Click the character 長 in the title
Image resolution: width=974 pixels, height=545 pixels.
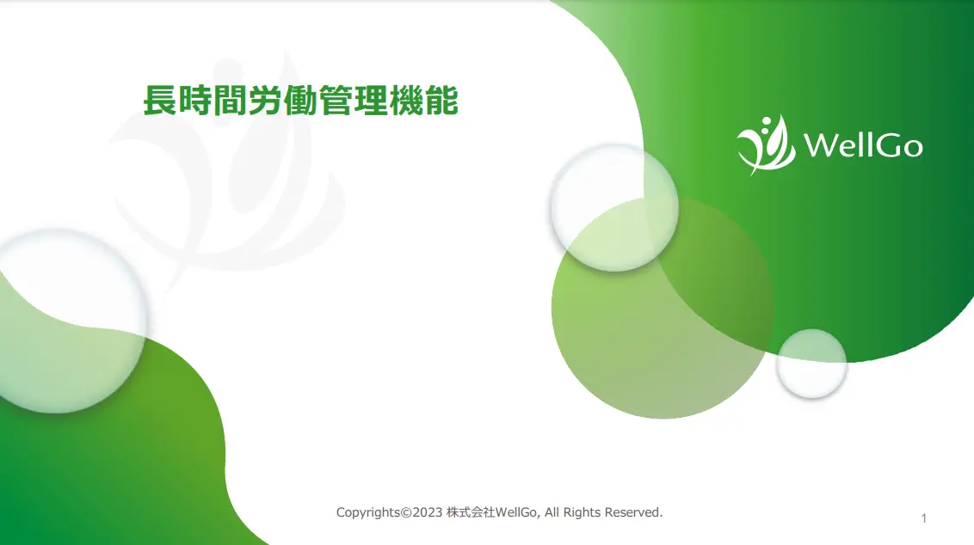pyautogui.click(x=160, y=101)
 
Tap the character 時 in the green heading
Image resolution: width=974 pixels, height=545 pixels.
pyautogui.click(x=195, y=101)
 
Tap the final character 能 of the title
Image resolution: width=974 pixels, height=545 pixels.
pyautogui.click(x=441, y=101)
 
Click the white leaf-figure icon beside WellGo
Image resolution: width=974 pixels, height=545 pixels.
pyautogui.click(x=763, y=144)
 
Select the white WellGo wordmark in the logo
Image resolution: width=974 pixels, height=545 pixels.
pyautogui.click(x=862, y=145)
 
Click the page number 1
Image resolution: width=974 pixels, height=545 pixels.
pyautogui.click(x=923, y=517)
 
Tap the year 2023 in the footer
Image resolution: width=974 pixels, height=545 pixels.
pyautogui.click(x=428, y=512)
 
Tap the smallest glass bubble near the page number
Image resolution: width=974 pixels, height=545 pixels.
pyautogui.click(x=811, y=364)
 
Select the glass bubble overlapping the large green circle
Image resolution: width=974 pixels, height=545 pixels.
pyautogui.click(x=613, y=207)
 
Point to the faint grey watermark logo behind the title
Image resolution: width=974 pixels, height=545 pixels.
pyautogui.click(x=228, y=163)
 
